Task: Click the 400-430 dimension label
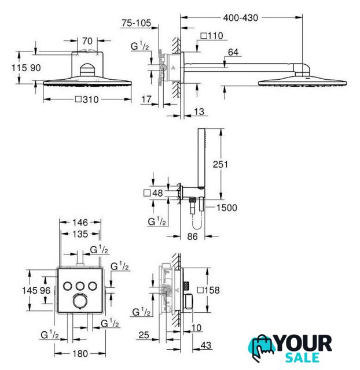tap(240, 18)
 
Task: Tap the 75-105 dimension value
tap(136, 23)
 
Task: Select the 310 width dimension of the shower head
tap(87, 99)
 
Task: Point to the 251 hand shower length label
tap(220, 164)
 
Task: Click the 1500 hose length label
tap(226, 208)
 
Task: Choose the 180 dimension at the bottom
tap(80, 354)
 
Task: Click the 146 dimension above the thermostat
tap(80, 223)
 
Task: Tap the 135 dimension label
tap(80, 234)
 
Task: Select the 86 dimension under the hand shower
tap(192, 236)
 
